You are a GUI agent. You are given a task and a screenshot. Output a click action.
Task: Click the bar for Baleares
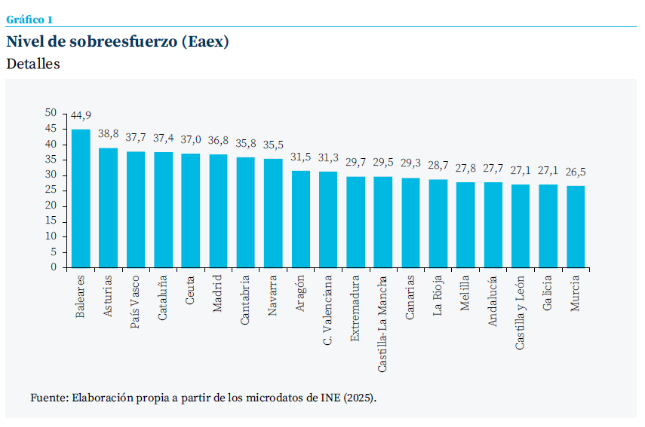pos(81,199)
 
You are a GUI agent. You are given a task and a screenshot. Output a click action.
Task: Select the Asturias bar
pos(108,208)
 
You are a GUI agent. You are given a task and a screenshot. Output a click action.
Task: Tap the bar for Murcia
pos(576,227)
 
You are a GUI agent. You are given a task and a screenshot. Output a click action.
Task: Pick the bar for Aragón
pos(300,219)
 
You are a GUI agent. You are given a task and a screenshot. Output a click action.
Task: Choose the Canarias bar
pos(410,222)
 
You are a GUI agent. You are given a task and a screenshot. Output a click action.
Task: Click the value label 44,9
pos(81,115)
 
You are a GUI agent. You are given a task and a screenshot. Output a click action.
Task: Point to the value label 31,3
pos(328,157)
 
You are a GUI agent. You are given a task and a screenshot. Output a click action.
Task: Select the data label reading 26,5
pos(576,172)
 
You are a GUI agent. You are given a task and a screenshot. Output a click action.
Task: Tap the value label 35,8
pos(245,143)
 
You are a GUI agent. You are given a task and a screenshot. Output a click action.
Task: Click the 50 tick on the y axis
pos(51,112)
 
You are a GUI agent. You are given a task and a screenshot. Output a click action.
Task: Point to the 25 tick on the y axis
pos(51,190)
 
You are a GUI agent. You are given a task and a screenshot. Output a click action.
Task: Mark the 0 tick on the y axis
pos(54,267)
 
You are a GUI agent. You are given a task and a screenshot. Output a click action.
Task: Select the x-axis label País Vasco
pos(135,298)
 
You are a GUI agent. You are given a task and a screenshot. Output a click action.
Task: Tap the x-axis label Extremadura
pos(355,309)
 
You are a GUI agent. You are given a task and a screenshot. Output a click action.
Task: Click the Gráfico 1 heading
pos(29,20)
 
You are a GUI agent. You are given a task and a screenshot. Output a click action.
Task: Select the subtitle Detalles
pos(33,64)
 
